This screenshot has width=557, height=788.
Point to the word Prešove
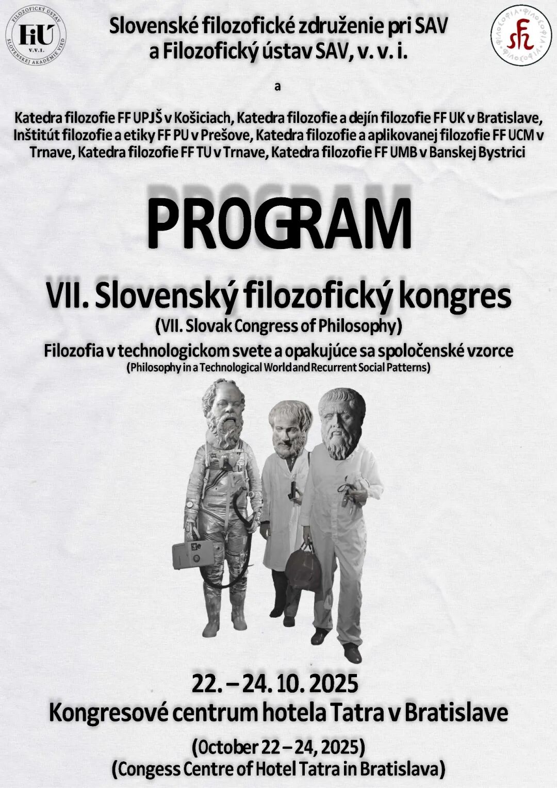(x=229, y=136)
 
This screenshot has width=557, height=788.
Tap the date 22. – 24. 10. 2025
(x=275, y=684)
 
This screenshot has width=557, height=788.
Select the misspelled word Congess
(x=146, y=768)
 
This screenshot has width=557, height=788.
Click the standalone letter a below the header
(x=277, y=87)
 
